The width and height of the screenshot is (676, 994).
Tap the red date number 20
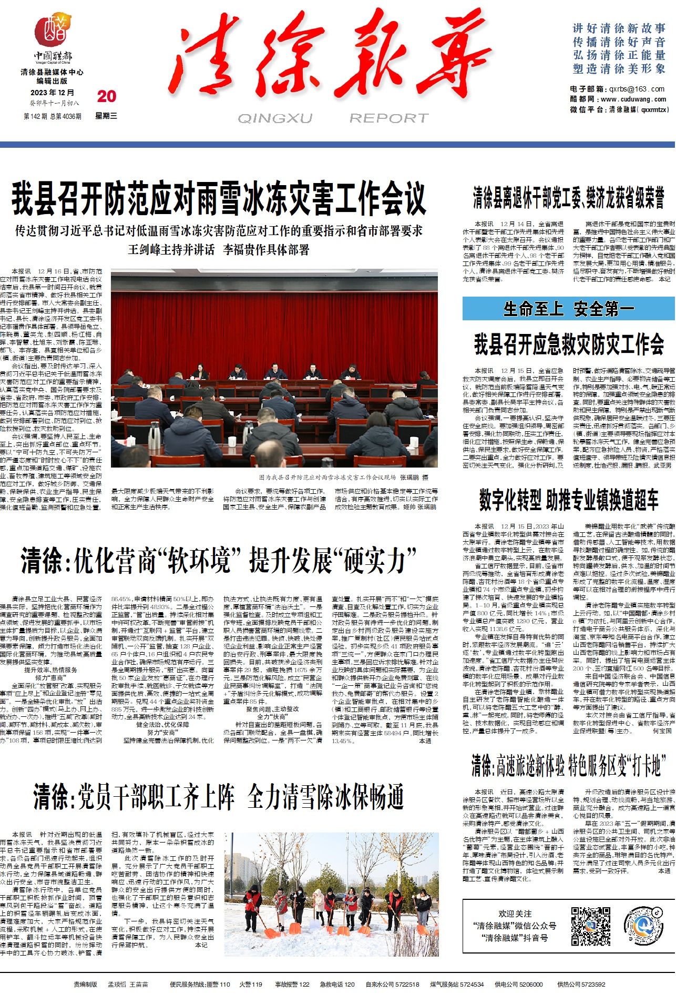click(107, 96)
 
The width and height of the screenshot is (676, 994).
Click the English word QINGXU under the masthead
click(274, 118)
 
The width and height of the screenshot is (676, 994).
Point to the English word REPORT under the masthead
click(389, 118)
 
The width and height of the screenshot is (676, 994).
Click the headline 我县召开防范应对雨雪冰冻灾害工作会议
click(219, 199)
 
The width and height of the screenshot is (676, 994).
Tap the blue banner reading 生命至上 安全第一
click(569, 309)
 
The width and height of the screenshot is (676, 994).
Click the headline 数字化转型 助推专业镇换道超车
click(569, 500)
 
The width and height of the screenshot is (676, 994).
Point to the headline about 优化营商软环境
click(219, 561)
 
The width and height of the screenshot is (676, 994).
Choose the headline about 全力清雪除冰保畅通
click(219, 796)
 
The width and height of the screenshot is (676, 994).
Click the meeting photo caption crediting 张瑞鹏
click(344, 478)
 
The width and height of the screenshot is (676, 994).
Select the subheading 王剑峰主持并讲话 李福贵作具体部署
click(219, 249)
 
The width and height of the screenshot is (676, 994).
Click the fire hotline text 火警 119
click(250, 984)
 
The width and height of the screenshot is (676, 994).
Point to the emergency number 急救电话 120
click(337, 984)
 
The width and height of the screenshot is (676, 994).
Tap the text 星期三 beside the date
click(106, 116)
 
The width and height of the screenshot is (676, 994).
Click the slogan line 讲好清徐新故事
click(619, 28)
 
